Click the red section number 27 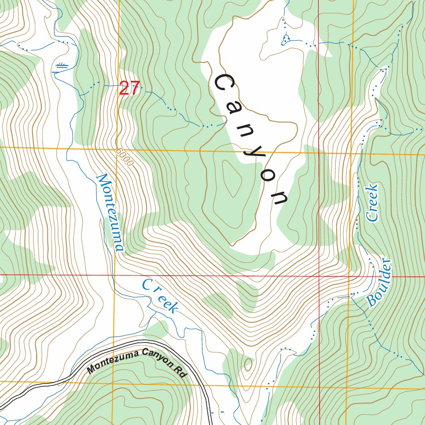129,89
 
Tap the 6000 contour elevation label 125,157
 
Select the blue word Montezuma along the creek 110,212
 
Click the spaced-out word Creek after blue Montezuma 160,296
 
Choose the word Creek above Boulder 372,203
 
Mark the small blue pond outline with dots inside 286,40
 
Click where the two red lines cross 319,276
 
